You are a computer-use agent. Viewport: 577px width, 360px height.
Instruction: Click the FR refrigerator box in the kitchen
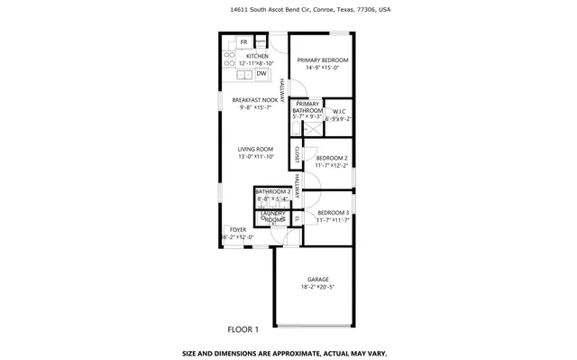coord(243,42)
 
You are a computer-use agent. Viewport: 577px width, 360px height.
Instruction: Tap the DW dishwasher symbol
coord(274,49)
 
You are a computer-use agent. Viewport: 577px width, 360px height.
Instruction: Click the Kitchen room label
coord(258,56)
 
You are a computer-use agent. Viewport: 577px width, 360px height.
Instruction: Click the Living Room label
coord(255,149)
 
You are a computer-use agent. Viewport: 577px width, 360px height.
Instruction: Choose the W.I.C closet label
coord(338,113)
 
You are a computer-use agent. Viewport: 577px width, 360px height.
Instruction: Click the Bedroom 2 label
coord(332,159)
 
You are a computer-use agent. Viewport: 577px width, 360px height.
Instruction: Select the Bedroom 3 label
coord(333,212)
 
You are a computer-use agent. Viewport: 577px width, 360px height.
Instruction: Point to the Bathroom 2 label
coord(272,192)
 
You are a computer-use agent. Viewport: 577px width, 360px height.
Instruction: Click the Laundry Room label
coord(273,217)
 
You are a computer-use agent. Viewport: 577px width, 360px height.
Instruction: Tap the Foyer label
coord(237,230)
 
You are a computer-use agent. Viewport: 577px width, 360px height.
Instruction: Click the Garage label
coord(317,280)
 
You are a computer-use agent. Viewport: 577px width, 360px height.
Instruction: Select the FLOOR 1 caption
coord(243,329)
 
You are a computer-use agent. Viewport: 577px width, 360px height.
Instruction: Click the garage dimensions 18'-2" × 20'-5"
coord(317,288)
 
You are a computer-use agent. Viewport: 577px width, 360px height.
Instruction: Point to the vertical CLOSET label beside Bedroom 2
coord(296,155)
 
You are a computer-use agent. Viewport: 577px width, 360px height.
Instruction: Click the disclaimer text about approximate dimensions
coord(288,352)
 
